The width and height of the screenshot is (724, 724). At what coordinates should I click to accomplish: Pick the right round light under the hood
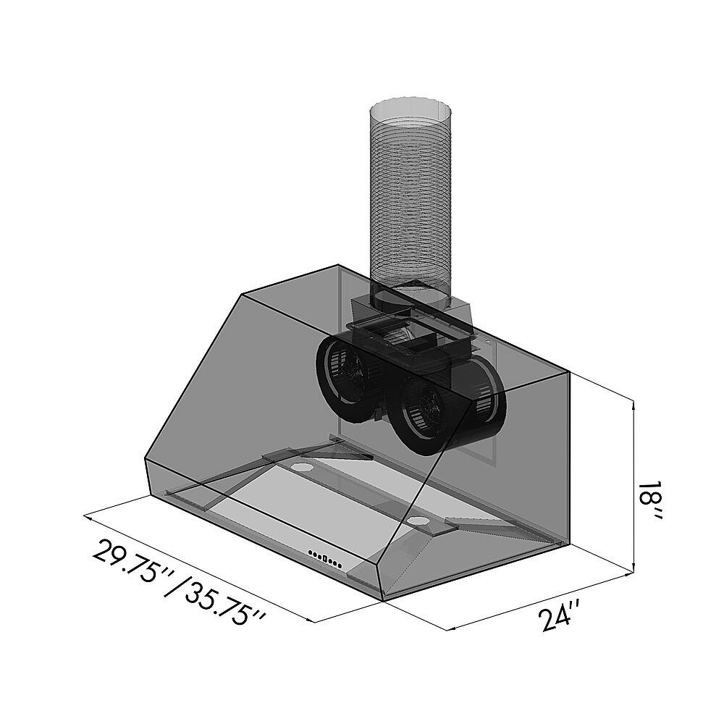[x=418, y=521]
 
